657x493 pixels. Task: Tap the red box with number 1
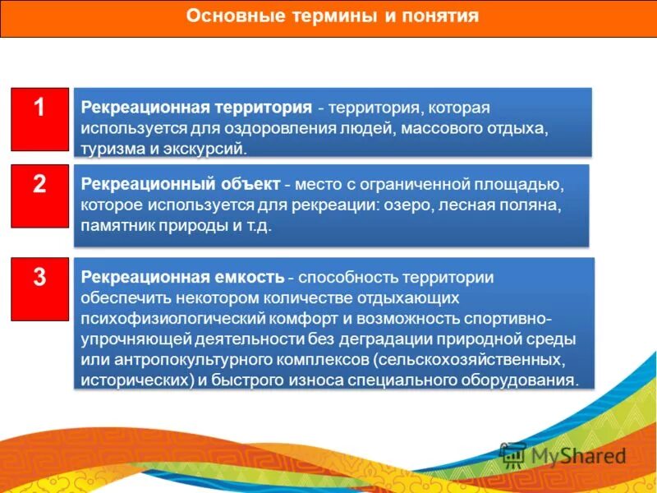tap(39, 119)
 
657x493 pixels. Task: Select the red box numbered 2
tap(39, 196)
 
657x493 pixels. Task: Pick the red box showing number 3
tap(39, 288)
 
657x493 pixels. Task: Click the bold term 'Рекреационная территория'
tap(196, 108)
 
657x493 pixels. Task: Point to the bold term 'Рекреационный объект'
tap(181, 184)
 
